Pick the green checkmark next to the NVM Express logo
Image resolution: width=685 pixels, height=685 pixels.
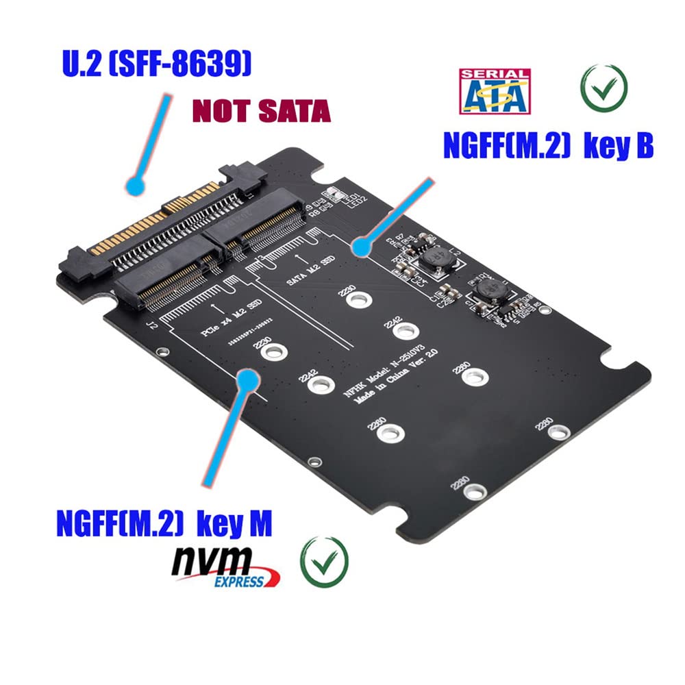[324, 562]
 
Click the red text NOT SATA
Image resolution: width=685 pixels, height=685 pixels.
[261, 111]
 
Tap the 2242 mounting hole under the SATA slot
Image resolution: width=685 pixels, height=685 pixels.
[406, 331]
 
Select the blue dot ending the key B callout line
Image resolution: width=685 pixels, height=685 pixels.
[358, 247]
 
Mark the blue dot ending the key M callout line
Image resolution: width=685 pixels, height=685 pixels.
[247, 379]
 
